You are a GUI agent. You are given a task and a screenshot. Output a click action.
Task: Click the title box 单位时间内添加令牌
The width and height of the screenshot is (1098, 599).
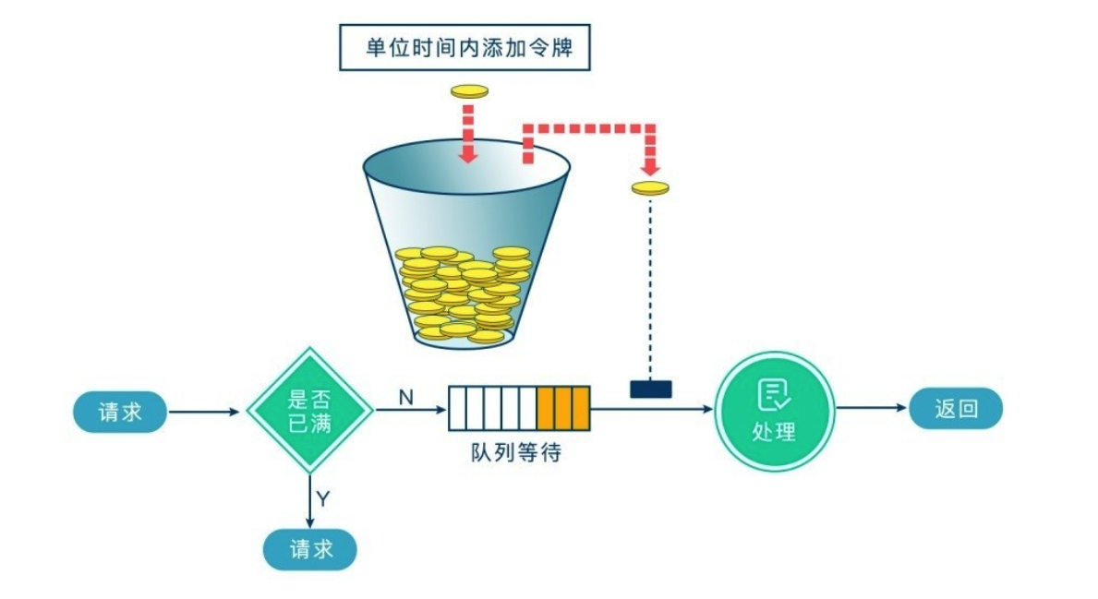(465, 48)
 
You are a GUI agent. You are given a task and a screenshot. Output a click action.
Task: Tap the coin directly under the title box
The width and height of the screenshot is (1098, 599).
(469, 91)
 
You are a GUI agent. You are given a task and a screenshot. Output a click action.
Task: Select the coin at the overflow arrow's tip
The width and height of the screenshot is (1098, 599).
(650, 187)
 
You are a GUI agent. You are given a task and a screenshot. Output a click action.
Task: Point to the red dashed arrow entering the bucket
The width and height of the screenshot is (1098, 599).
(468, 135)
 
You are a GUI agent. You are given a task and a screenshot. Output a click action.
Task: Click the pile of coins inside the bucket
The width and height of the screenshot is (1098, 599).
(463, 294)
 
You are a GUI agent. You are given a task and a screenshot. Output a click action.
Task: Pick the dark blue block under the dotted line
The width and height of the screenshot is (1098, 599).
(650, 389)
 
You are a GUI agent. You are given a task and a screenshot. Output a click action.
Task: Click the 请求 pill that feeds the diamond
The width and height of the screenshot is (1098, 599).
(120, 412)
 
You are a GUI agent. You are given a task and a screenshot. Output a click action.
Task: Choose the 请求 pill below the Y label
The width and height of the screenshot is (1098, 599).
(310, 549)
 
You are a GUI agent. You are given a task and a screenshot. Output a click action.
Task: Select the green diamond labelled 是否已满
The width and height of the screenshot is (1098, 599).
(309, 411)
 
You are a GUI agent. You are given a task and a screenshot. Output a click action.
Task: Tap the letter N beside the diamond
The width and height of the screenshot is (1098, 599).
(406, 398)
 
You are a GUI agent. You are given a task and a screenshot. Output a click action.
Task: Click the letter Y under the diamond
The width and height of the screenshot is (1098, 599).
(323, 499)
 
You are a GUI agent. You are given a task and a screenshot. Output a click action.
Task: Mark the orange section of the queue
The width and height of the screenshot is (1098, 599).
(563, 408)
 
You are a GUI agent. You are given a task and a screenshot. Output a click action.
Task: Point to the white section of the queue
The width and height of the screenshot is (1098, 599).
(493, 408)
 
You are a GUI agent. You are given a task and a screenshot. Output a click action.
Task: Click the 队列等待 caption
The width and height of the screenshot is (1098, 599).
(516, 453)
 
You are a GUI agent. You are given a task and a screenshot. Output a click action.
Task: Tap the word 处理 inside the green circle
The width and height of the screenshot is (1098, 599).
(774, 431)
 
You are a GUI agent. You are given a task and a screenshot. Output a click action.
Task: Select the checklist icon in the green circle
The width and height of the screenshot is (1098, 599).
(774, 395)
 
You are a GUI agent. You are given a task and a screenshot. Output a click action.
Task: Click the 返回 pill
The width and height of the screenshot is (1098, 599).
(956, 408)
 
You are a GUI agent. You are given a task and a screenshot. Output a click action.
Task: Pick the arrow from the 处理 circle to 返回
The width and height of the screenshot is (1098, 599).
(872, 408)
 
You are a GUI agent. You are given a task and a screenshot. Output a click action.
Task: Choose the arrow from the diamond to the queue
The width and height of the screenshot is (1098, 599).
(412, 410)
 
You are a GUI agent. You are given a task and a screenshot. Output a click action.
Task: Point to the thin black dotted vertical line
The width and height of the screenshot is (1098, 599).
(650, 288)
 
